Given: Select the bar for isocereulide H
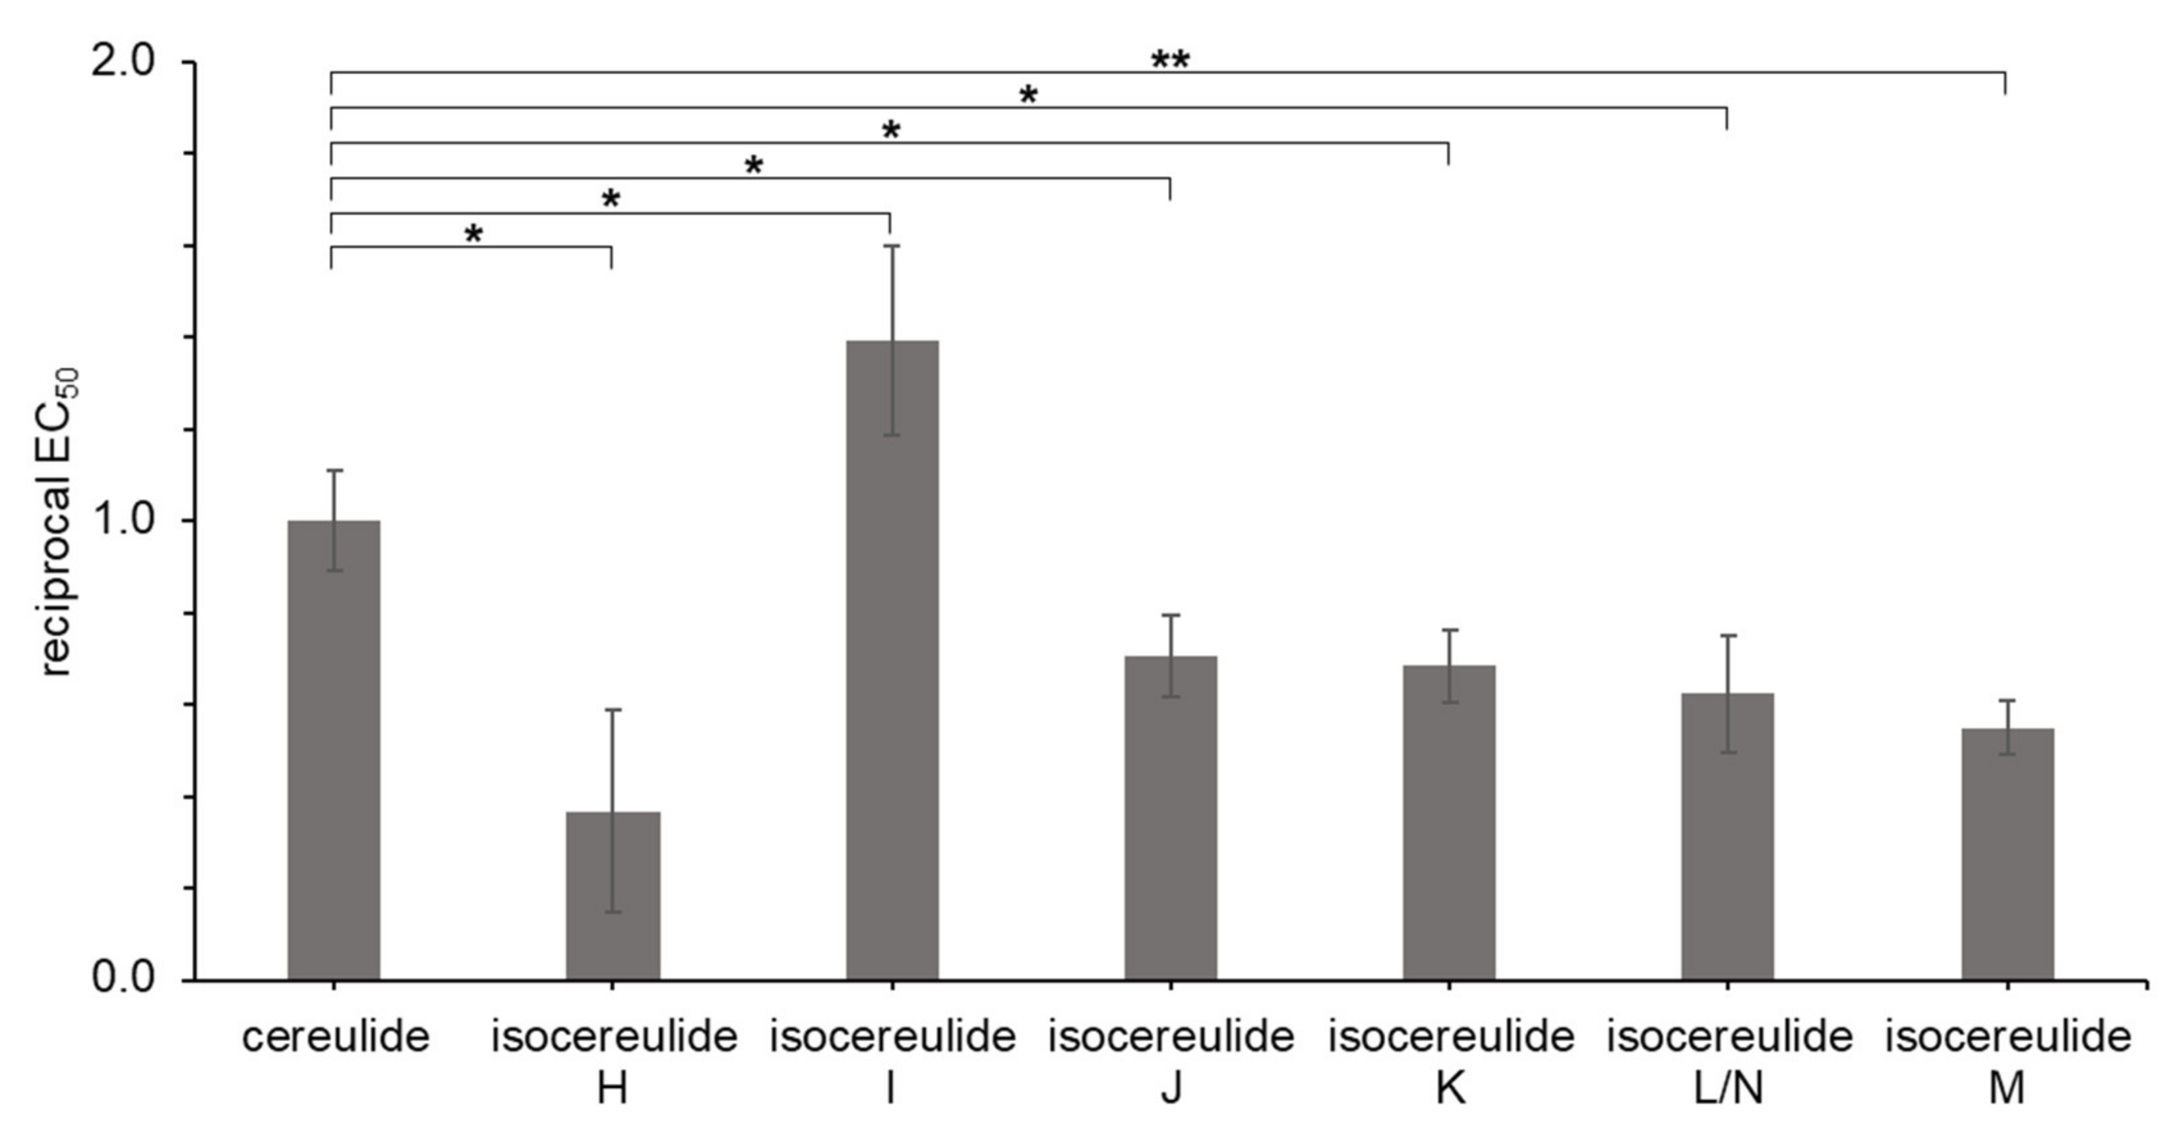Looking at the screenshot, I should (x=613, y=896).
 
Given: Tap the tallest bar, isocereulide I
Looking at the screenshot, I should (x=892, y=659).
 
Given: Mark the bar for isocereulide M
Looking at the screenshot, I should (x=2008, y=854).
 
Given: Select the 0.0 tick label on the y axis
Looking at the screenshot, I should (x=131, y=979).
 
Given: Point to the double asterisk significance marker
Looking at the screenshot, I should (x=1170, y=61).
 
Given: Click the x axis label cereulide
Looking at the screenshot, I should (x=335, y=1037).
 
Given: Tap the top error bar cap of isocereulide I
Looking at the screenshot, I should (x=892, y=245).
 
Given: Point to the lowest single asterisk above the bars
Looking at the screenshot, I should (x=474, y=234).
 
